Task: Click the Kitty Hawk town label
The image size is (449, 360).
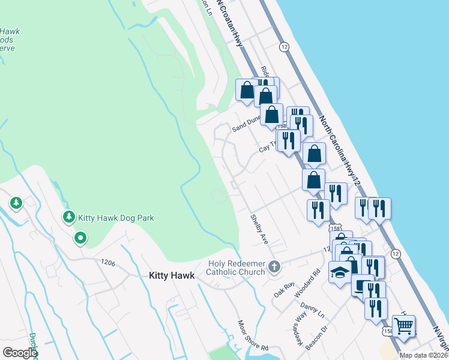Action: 172,275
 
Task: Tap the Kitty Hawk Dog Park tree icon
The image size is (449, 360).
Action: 69,217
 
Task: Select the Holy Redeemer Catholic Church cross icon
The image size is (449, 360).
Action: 274,266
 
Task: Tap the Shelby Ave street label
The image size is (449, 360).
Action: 259,229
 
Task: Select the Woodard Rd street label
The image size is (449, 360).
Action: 316,278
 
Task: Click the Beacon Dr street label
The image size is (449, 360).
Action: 318,337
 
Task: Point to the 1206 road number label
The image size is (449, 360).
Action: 109,262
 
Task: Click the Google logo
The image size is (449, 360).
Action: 20,353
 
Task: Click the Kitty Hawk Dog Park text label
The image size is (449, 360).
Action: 116,218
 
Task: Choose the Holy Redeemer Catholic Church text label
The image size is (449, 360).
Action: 237,268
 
